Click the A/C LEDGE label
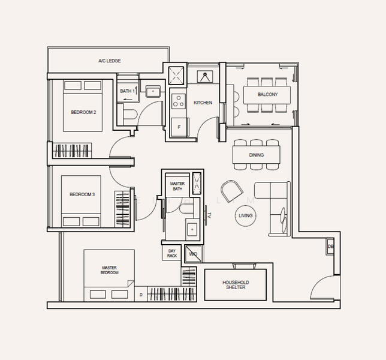point(110,61)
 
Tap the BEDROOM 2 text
point(83,112)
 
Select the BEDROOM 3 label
point(82,194)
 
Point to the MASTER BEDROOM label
point(109,270)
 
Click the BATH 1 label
point(126,91)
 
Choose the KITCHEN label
point(203,103)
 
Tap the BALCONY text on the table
point(267,95)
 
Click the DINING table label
point(257,155)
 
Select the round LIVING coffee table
point(246,215)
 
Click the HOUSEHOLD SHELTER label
point(236,285)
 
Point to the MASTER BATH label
point(177,186)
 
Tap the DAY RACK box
point(172,253)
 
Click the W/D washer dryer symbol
point(193,254)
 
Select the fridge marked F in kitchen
point(178,127)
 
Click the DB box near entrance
point(330,247)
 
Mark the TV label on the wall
point(210,215)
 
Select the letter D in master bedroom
point(141,295)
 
